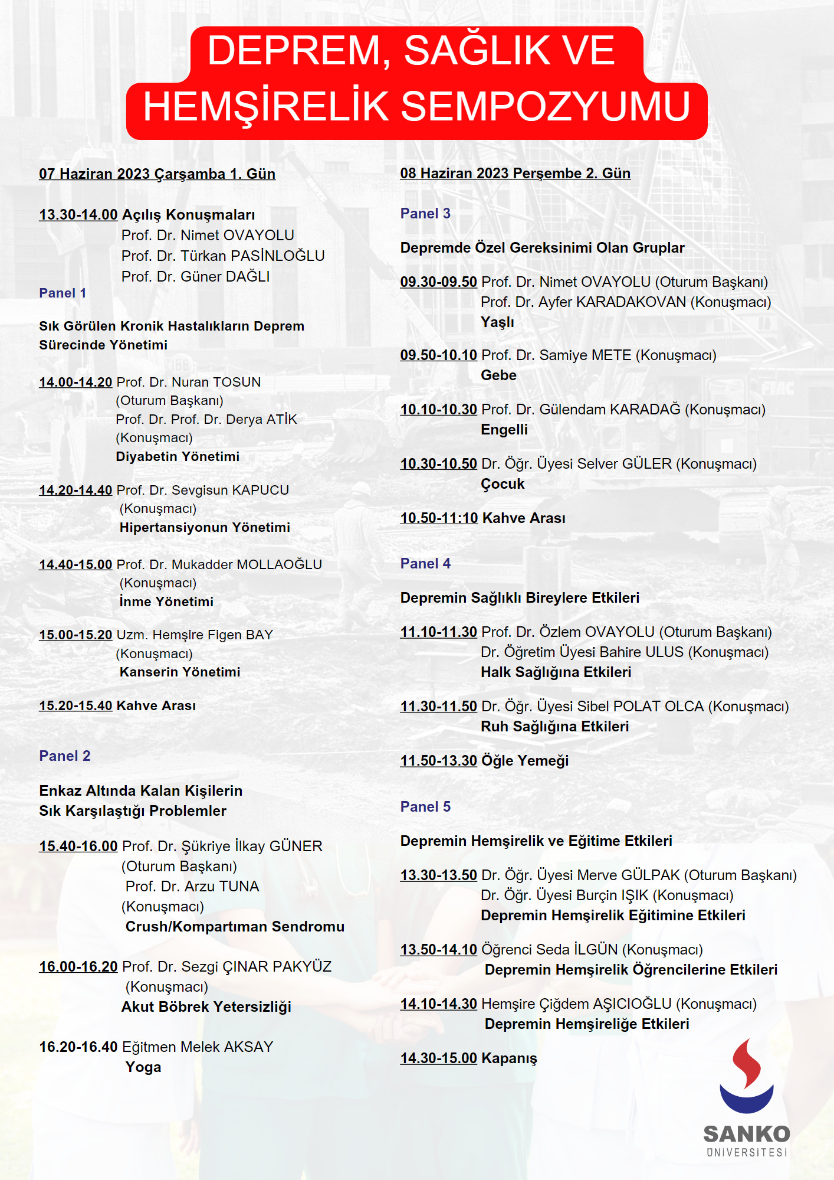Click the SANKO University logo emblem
746,1076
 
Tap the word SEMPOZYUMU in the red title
546,107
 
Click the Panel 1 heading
63,293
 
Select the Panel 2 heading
65,756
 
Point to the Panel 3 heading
425,214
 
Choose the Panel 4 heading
425,564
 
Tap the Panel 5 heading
425,807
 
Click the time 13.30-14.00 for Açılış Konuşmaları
78,215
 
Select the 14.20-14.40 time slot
75,491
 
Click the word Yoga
143,1067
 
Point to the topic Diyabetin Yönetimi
178,457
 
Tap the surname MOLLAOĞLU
279,565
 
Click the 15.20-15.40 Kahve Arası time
75,706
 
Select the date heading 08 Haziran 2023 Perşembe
515,174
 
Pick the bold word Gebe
498,375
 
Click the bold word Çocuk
503,484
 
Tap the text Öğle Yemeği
525,761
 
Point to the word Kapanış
509,1058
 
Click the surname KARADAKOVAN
631,302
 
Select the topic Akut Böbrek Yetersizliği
206,1007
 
